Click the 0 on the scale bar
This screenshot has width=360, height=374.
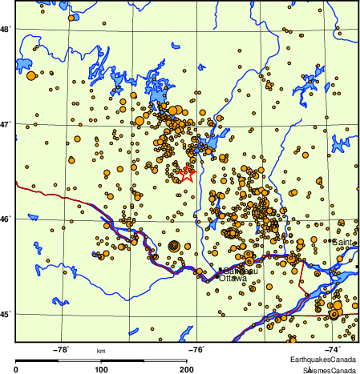17,370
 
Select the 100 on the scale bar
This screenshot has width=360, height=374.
101,370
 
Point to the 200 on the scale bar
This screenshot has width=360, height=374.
185,370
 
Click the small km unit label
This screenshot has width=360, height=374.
101,352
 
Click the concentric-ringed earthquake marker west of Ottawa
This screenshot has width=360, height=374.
174,246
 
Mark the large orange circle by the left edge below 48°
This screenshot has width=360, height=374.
31,75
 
